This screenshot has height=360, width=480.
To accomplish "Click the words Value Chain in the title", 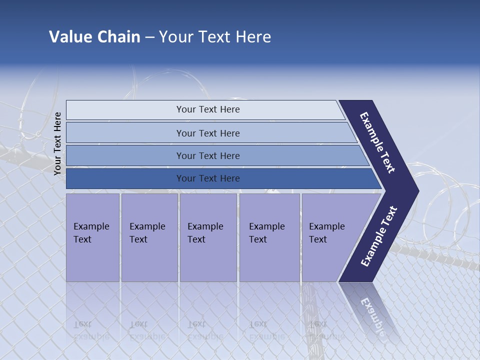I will pos(94,37).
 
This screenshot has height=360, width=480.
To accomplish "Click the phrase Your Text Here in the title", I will pos(215,37).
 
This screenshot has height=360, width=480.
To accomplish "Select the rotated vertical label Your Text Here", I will pos(57,143).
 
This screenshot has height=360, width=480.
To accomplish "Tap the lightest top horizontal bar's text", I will pos(208,109).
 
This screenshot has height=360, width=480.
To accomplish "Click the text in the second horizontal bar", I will pos(208,133).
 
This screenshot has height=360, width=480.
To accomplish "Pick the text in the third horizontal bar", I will pos(208,156).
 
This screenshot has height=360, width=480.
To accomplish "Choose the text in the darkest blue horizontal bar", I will pos(208,178).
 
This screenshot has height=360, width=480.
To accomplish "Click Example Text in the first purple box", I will pos(91,233).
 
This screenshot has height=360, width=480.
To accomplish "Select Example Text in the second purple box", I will pos(147,233).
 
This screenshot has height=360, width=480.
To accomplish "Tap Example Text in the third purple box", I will pos(205,233).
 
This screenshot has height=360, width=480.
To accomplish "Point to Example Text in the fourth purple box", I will pos(266,233).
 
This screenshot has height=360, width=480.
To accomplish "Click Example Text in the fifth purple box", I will pos(326,233).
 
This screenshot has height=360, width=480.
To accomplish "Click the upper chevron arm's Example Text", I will pos(377,142).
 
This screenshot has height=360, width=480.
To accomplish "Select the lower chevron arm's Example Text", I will pos(379,236).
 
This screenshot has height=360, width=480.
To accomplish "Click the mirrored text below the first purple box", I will pos(91,330).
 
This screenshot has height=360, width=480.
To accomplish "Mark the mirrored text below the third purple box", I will pos(205,330).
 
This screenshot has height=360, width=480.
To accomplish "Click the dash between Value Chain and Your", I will pos(149,37).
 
